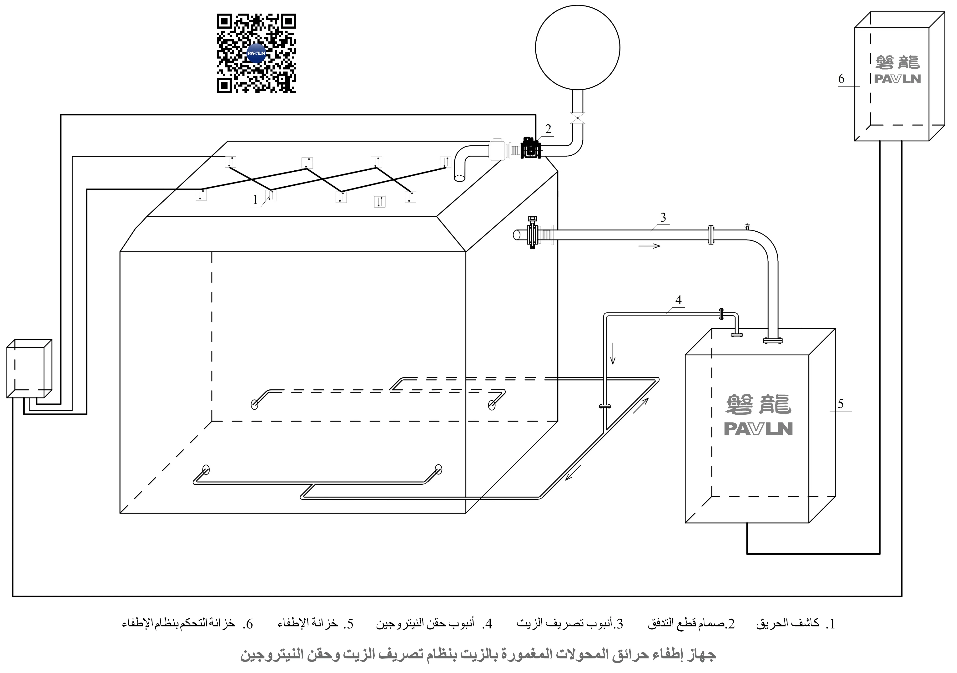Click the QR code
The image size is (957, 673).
256,53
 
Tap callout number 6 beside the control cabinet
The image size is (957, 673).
841,79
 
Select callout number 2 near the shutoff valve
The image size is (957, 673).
548,129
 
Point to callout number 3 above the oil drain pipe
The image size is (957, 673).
663,217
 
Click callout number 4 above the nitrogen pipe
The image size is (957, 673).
679,300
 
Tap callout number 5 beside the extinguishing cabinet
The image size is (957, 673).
841,404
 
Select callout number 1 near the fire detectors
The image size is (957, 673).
255,200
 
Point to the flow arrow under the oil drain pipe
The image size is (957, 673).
649,246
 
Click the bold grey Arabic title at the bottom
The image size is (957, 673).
478,655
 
